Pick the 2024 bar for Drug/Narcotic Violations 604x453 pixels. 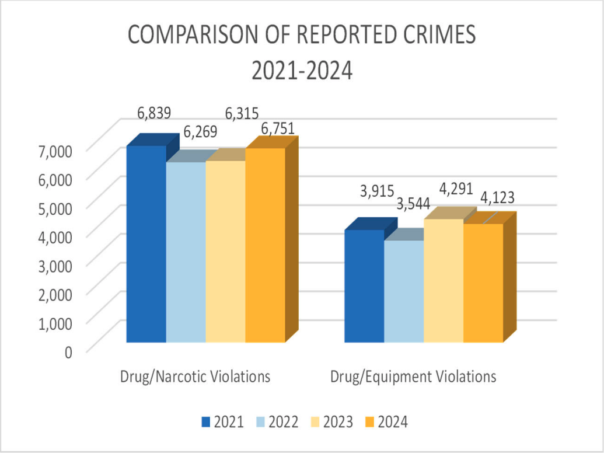click(265, 245)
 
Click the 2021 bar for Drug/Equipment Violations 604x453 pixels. click(364, 286)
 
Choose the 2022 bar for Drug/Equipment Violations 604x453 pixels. click(404, 291)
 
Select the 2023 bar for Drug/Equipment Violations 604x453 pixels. click(444, 281)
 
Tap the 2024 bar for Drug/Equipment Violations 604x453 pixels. click(483, 283)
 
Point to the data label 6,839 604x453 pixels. click(154, 113)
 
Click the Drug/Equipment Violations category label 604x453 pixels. click(413, 377)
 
